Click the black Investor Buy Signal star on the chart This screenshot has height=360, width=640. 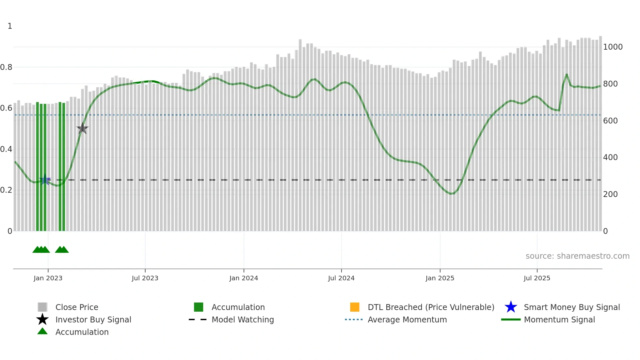click(x=83, y=128)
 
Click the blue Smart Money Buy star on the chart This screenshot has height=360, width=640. click(x=45, y=180)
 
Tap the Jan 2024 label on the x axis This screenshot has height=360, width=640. click(x=244, y=278)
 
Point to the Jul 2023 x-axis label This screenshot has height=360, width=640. click(x=145, y=278)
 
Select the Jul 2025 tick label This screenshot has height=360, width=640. click(x=537, y=278)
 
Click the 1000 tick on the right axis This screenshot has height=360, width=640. click(x=613, y=47)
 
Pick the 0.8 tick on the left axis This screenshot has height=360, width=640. click(x=7, y=67)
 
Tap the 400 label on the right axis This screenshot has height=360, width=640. click(x=610, y=157)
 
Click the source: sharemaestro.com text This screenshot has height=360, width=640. click(x=577, y=256)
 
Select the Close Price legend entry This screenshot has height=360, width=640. click(x=77, y=307)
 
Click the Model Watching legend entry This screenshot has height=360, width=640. click(x=243, y=319)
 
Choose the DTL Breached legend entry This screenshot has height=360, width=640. click(x=431, y=307)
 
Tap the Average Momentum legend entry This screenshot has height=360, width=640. click(x=407, y=319)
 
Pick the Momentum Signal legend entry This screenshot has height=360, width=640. click(x=559, y=319)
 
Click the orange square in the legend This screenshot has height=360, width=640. click(x=355, y=307)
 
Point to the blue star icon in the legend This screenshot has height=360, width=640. click(x=511, y=307)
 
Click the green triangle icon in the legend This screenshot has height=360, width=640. click(x=42, y=331)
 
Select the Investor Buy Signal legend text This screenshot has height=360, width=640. click(x=93, y=319)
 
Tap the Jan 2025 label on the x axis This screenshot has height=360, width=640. click(x=440, y=278)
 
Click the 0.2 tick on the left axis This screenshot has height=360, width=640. click(x=7, y=190)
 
